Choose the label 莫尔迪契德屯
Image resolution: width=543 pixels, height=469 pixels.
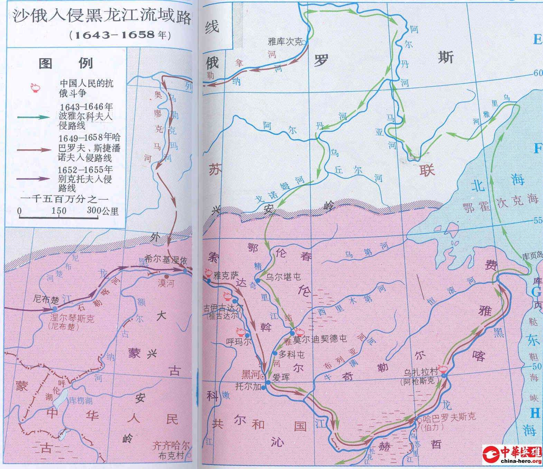pyautogui.click(x=320, y=339)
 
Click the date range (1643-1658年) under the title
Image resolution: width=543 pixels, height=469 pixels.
pyautogui.click(x=119, y=35)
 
